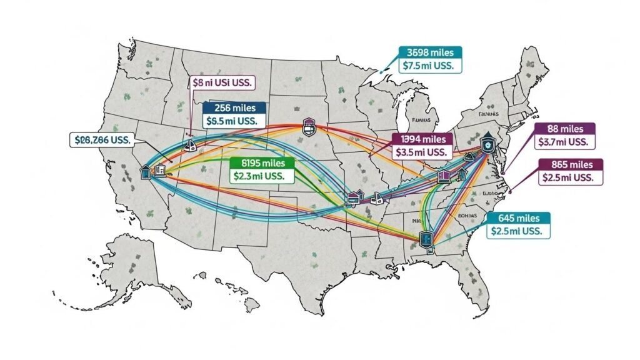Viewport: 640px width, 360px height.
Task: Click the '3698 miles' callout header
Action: coord(429,52)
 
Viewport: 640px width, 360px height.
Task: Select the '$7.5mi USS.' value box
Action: coord(429,66)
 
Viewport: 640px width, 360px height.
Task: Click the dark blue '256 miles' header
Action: coord(234,107)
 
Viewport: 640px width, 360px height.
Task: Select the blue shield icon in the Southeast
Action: coord(427,237)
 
